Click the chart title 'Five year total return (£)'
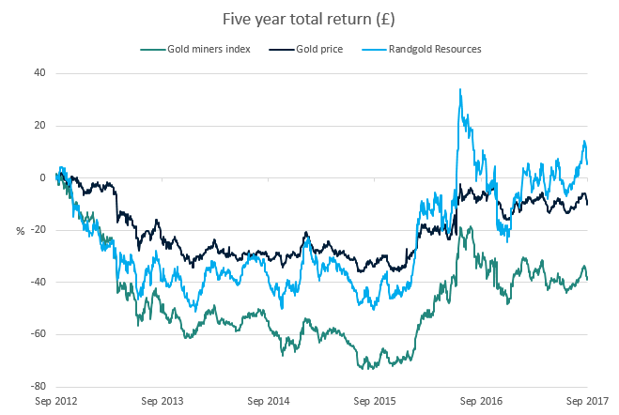click(x=309, y=18)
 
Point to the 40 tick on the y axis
click(x=39, y=73)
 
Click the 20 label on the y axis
click(x=39, y=126)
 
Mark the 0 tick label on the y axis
click(x=42, y=177)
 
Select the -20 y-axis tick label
click(x=38, y=230)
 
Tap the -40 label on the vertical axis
click(x=38, y=283)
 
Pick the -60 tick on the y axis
click(x=38, y=334)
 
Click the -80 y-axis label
click(x=38, y=387)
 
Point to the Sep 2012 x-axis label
click(x=56, y=401)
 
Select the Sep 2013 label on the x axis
click(x=162, y=401)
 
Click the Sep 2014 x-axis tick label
click(x=269, y=401)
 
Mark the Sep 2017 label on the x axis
click(x=587, y=401)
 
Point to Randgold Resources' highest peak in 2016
click(x=459, y=90)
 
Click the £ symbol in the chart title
click(x=384, y=18)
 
